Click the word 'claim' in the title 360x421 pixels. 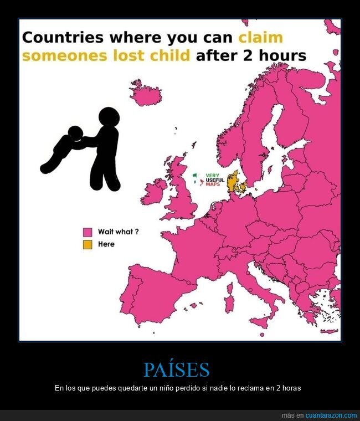point(260,38)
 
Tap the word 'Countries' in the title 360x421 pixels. point(63,38)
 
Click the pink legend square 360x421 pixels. point(88,232)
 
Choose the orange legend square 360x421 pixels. point(88,244)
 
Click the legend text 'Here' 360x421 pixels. point(106,244)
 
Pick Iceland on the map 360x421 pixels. point(145,95)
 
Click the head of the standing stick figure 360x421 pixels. point(109,118)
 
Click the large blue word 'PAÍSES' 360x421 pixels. point(177,369)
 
